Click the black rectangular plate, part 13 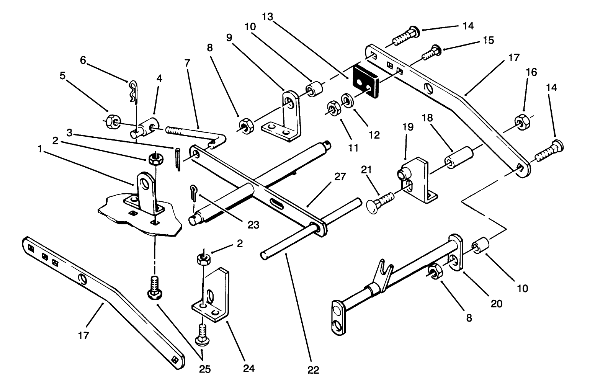point(364,80)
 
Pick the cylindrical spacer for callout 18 point(458,157)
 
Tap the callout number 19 point(408,127)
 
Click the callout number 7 point(187,63)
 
